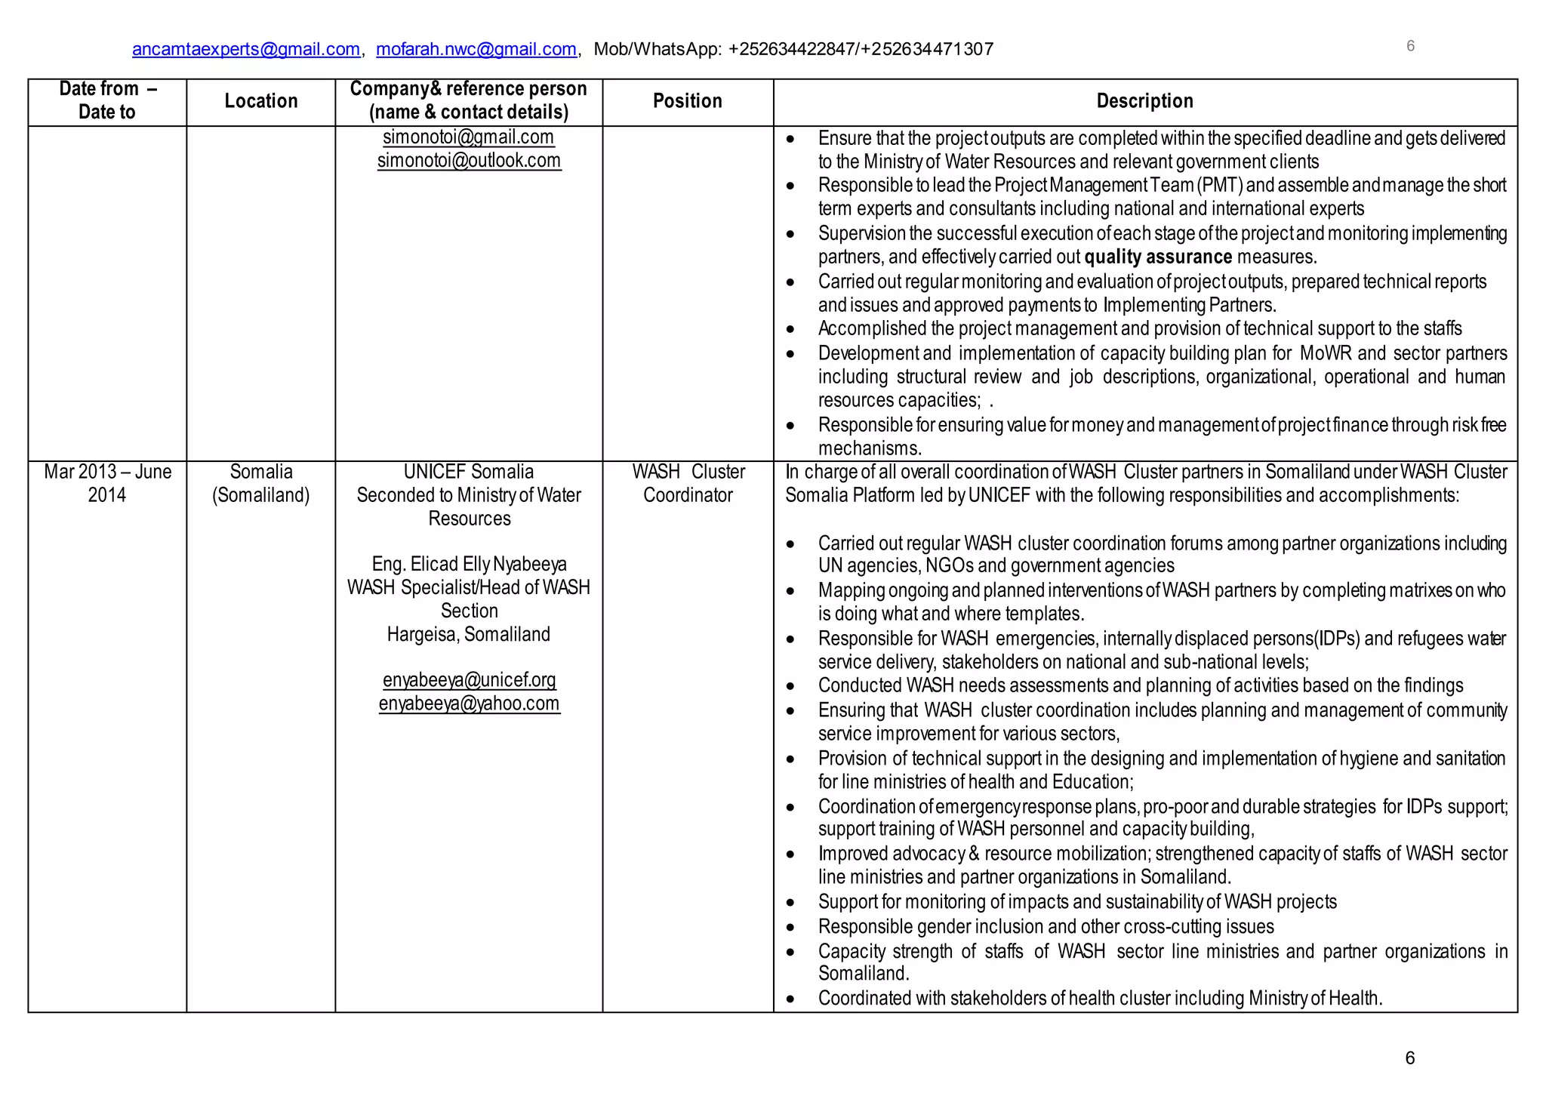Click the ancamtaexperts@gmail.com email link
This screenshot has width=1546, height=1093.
click(245, 49)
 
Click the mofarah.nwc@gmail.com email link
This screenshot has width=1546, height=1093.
click(476, 49)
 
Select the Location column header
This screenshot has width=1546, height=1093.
click(261, 101)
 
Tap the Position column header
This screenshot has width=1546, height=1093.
click(687, 101)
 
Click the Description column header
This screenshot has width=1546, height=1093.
click(1144, 101)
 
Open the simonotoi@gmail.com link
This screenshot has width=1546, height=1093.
click(468, 137)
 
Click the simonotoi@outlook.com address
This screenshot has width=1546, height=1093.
click(469, 161)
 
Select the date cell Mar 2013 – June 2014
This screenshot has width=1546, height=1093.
click(107, 483)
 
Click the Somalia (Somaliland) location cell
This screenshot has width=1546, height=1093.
click(261, 483)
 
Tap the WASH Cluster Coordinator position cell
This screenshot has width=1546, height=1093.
click(688, 483)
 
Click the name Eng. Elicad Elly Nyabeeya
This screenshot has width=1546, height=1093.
click(469, 564)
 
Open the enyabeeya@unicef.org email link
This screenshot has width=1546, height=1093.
click(469, 680)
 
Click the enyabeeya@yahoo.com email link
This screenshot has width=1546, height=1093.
click(469, 704)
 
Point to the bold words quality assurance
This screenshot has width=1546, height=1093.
click(1158, 257)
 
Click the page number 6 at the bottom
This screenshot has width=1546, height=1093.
click(1409, 1058)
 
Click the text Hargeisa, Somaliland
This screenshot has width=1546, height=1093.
click(469, 634)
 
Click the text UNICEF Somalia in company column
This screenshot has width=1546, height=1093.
click(469, 472)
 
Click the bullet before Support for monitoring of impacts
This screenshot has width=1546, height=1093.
click(790, 903)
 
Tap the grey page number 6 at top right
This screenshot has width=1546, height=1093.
click(1410, 46)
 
